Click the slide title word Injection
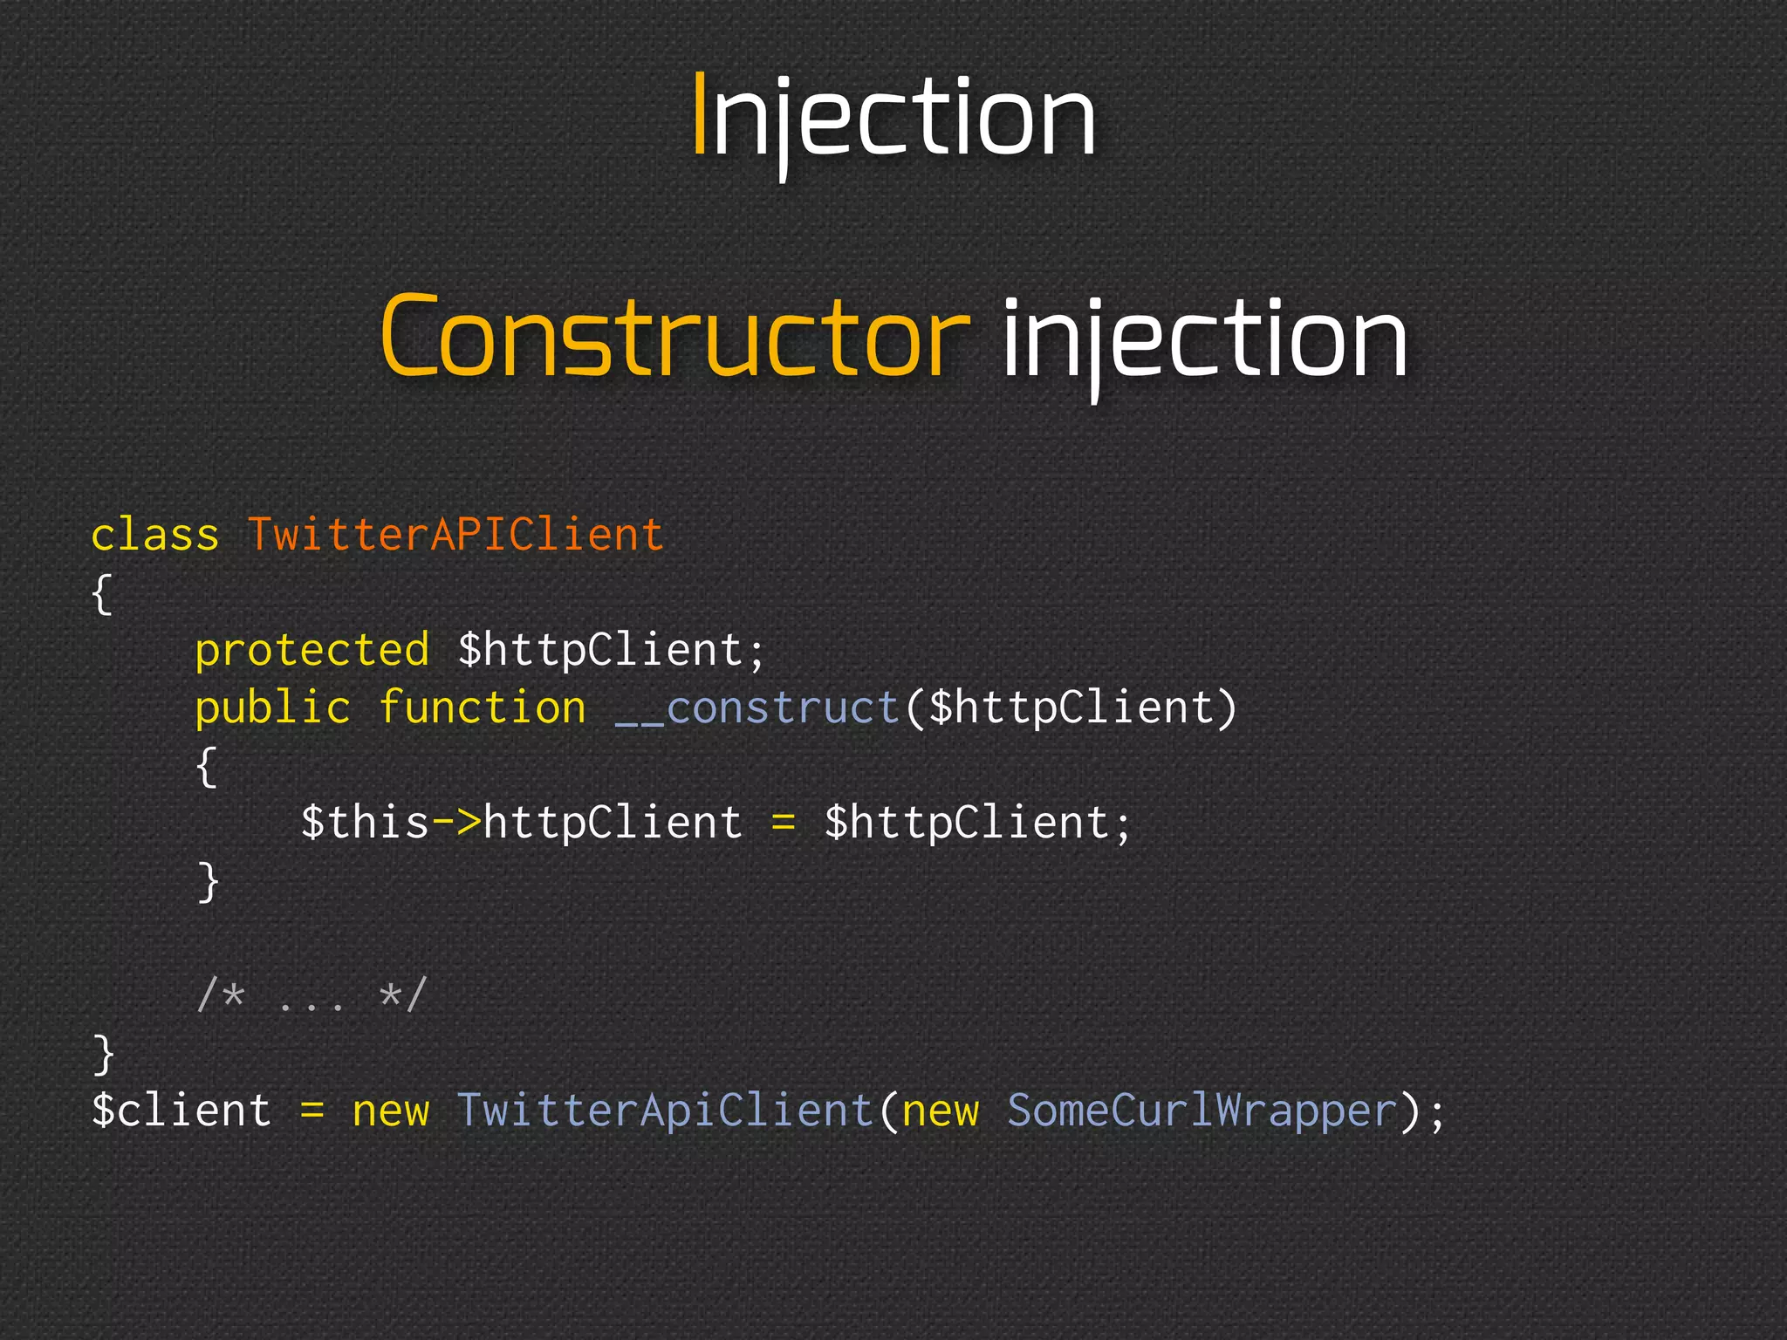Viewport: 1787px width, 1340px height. point(893,117)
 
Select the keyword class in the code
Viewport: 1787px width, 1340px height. point(154,535)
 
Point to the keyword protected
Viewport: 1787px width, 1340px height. point(312,651)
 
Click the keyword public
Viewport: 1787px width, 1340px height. point(272,708)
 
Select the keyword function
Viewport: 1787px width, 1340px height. point(482,708)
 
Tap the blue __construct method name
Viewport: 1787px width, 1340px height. point(757,708)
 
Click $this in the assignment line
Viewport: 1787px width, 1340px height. point(365,823)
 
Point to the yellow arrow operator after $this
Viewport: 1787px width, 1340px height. point(456,823)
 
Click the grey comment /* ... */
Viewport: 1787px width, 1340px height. point(312,995)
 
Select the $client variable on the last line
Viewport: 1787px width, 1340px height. point(181,1111)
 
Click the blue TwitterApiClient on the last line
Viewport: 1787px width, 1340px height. point(665,1111)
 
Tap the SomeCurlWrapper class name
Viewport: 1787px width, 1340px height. point(1202,1111)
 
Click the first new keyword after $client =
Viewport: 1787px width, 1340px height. point(390,1112)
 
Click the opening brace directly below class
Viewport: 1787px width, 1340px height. point(102,594)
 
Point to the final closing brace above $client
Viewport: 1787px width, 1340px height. point(103,1053)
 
